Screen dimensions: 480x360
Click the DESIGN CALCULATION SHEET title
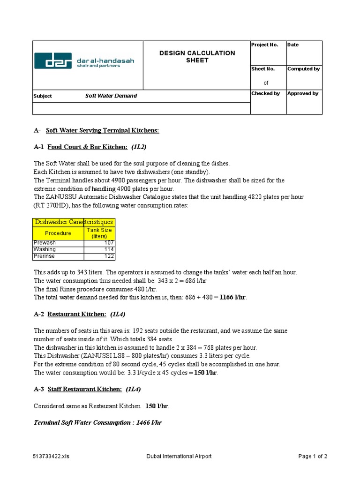click(197, 57)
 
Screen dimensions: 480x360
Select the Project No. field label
click(264, 45)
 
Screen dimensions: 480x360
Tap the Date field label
click(293, 45)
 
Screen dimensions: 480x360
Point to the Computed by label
click(303, 69)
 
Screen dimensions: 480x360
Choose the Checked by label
click(265, 93)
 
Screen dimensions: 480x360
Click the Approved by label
click(303, 93)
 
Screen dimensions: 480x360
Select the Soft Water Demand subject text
click(111, 96)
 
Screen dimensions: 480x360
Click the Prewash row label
click(45, 243)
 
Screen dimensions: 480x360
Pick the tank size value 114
click(109, 250)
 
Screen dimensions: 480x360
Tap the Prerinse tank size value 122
click(109, 257)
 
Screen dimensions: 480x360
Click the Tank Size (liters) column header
click(99, 233)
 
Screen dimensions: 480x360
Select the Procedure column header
click(58, 233)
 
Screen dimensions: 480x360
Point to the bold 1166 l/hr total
click(233, 297)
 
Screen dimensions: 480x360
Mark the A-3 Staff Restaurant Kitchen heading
click(87, 389)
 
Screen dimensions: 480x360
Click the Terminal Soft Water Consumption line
click(98, 422)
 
